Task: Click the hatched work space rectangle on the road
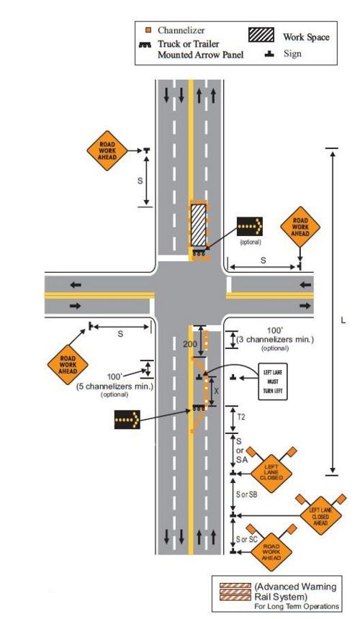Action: tap(198, 225)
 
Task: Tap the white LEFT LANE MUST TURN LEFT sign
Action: tap(273, 381)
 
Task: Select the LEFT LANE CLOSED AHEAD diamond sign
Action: tap(320, 516)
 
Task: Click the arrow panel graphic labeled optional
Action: tap(249, 227)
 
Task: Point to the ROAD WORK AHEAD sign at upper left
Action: tap(107, 151)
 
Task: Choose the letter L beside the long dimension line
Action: tap(343, 320)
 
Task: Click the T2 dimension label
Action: tap(240, 417)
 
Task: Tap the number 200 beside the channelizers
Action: tap(189, 344)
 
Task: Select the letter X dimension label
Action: tap(216, 392)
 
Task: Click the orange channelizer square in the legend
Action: tap(148, 30)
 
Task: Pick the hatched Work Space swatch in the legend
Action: tap(261, 35)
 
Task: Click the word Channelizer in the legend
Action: tap(181, 30)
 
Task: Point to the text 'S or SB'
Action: tap(247, 494)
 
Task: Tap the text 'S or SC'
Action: tap(247, 539)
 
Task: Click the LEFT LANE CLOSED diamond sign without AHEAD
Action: tap(271, 473)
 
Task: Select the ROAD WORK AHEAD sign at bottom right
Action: tap(271, 552)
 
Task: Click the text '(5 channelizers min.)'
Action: tap(114, 387)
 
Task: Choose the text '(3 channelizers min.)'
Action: tap(275, 340)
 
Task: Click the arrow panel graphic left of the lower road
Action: tap(127, 420)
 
